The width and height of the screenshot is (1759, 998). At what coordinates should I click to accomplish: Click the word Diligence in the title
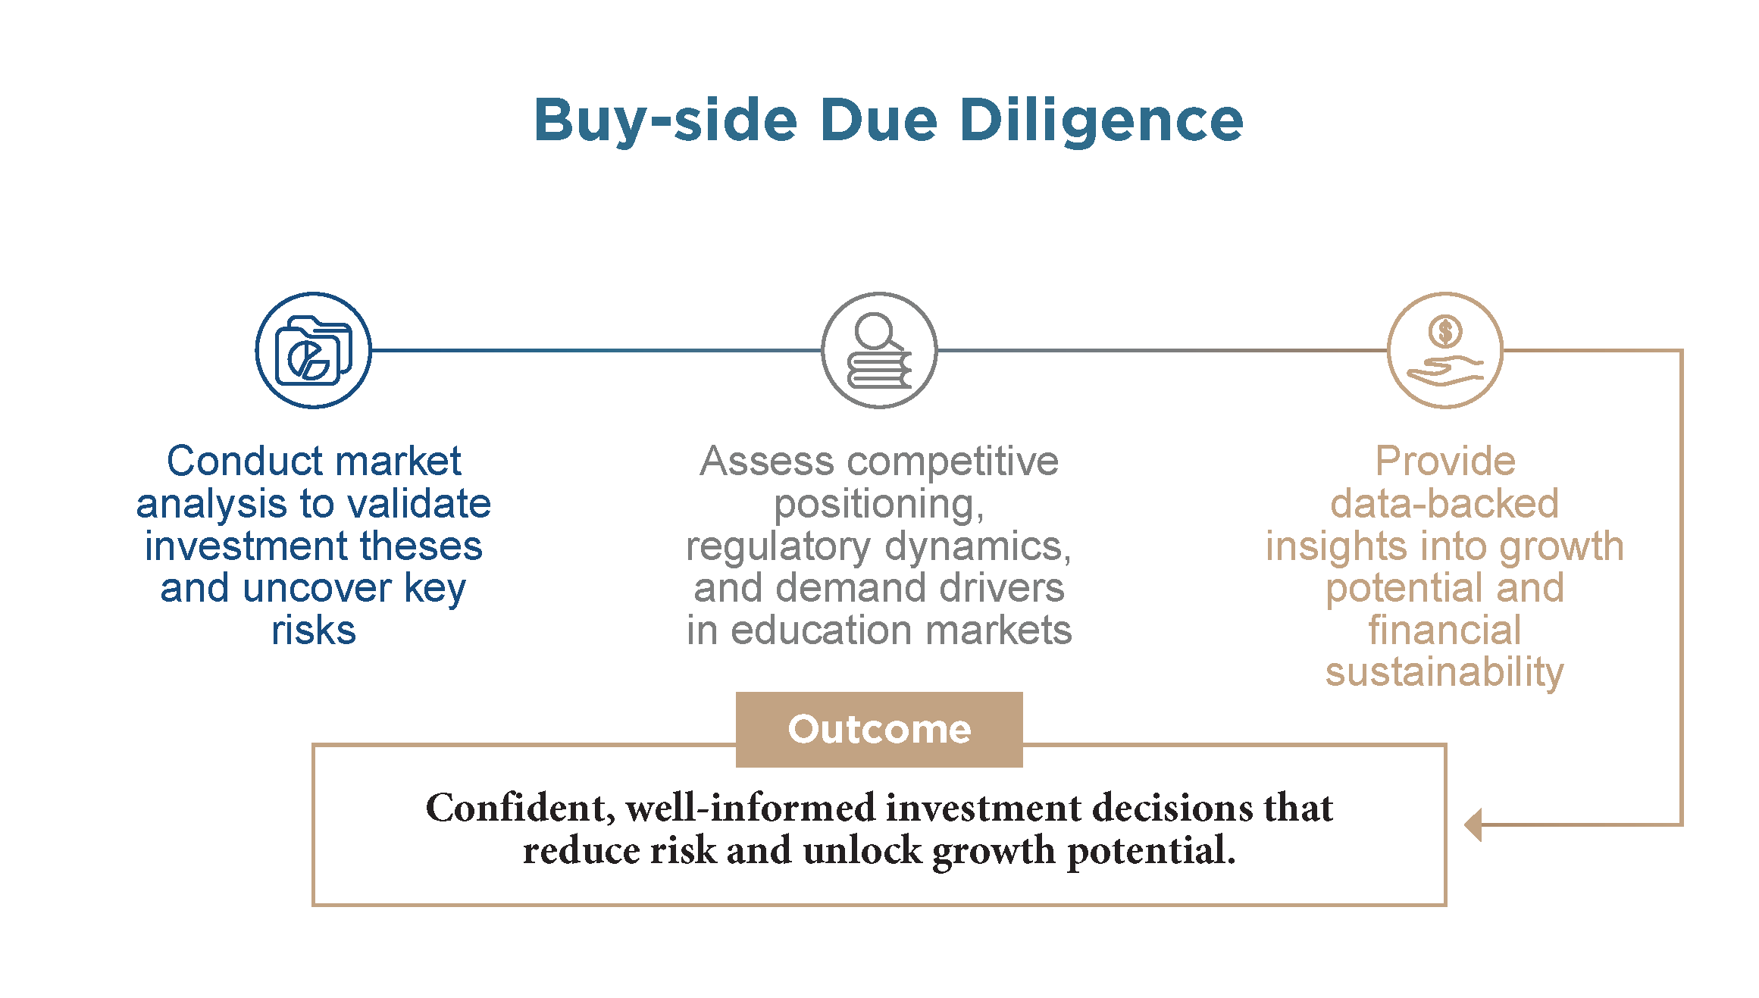(1101, 121)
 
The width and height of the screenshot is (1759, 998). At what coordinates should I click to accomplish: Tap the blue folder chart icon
(314, 350)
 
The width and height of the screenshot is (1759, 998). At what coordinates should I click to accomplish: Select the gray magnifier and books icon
(879, 350)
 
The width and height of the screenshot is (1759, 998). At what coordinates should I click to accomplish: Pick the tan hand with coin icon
(1444, 350)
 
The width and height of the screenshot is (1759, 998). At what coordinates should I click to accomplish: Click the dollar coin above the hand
(1445, 331)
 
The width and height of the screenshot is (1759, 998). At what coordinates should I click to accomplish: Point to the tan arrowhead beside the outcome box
(1473, 824)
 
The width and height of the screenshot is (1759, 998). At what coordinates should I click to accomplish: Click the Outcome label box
(879, 729)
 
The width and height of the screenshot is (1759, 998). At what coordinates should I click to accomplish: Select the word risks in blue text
(314, 630)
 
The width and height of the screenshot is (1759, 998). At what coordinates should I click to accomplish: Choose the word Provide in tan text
(1445, 461)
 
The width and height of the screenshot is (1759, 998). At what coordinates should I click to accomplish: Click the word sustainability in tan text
(1444, 673)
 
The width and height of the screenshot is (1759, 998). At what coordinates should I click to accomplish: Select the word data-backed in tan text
(1444, 503)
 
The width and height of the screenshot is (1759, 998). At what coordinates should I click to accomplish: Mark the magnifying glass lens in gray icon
(876, 330)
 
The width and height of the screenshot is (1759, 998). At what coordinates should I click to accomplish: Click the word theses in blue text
(421, 546)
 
